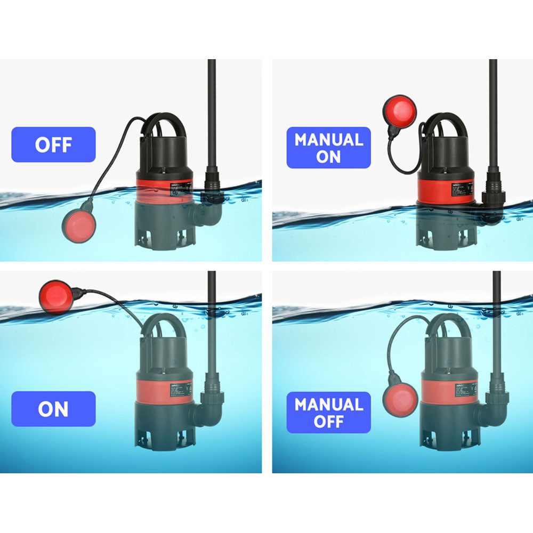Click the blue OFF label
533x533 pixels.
[x=53, y=144]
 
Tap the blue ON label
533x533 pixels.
[x=53, y=409]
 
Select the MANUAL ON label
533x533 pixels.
[x=328, y=148]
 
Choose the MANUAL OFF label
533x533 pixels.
[x=328, y=413]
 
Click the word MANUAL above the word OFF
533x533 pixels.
[x=328, y=405]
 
